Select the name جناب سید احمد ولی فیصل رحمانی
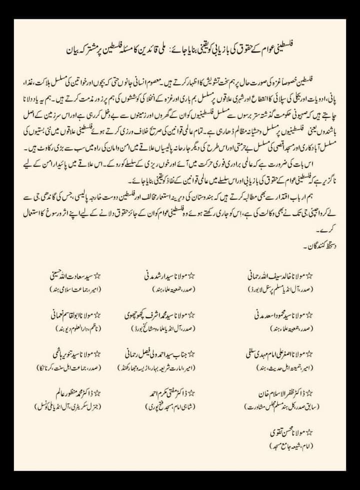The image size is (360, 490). (155, 354)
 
